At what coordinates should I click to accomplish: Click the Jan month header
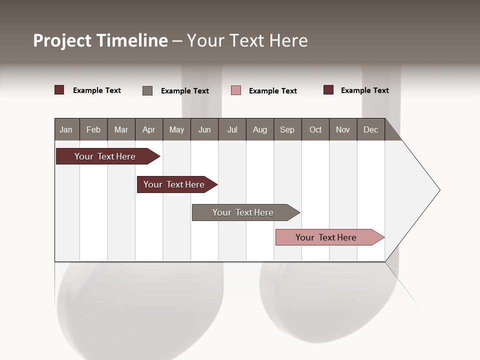(66, 129)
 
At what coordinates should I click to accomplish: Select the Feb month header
(93, 129)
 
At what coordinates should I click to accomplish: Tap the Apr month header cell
(149, 129)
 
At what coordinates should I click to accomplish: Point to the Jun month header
(204, 129)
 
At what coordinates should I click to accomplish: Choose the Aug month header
(260, 129)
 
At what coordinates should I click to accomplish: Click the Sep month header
(287, 129)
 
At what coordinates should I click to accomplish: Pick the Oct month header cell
(315, 129)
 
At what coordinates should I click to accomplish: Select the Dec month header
(371, 129)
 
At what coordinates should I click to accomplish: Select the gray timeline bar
(243, 212)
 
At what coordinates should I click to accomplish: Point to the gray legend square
(147, 90)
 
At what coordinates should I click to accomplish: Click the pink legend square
(236, 90)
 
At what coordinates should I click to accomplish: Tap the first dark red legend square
(59, 90)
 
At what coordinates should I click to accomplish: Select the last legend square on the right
(328, 90)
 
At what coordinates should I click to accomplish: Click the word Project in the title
(62, 40)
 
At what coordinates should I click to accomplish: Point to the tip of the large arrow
(439, 190)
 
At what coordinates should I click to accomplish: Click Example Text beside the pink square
(273, 91)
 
